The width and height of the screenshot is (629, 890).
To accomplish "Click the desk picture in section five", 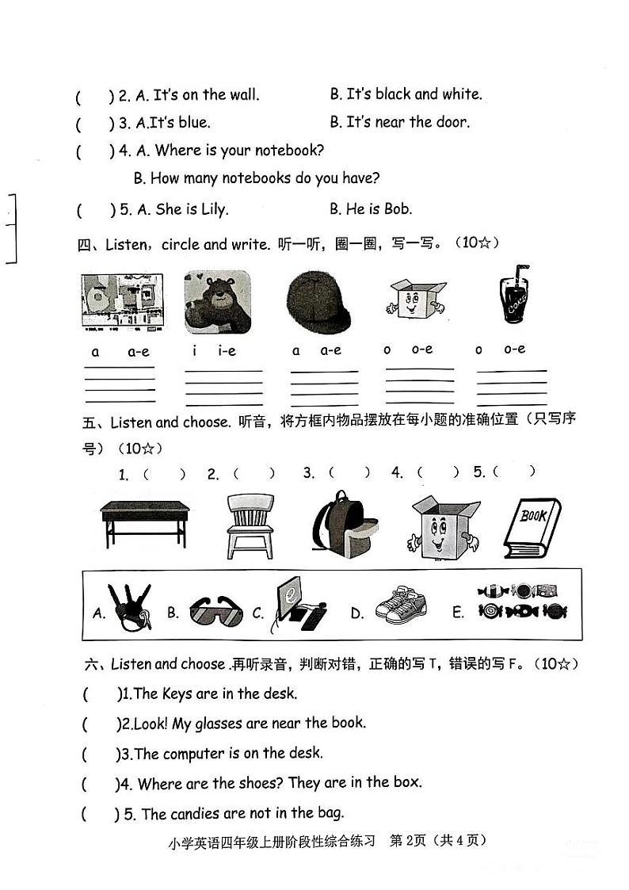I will (144, 523).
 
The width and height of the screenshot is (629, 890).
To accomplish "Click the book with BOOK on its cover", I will (532, 527).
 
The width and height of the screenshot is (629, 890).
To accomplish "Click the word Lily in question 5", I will (212, 209).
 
